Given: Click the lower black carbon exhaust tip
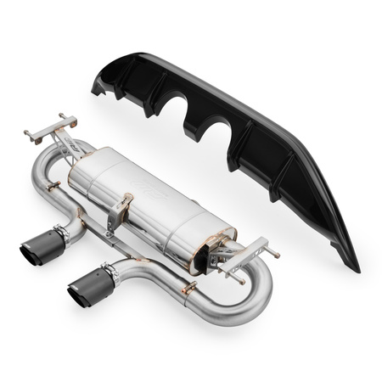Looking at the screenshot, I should pyautogui.click(x=88, y=287).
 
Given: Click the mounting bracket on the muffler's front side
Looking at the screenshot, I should pyautogui.click(x=121, y=209).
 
